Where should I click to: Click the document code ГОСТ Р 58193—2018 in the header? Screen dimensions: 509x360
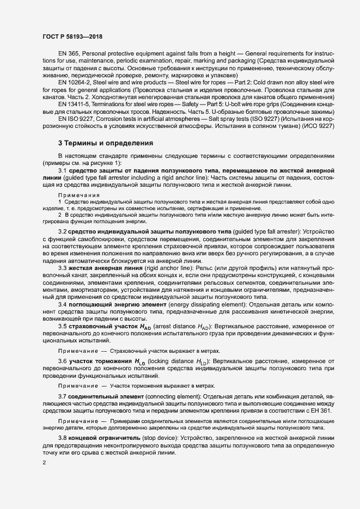point(72,36)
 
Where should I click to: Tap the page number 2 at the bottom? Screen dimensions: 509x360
point(44,463)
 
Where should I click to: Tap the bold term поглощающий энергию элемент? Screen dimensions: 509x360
point(114,304)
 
